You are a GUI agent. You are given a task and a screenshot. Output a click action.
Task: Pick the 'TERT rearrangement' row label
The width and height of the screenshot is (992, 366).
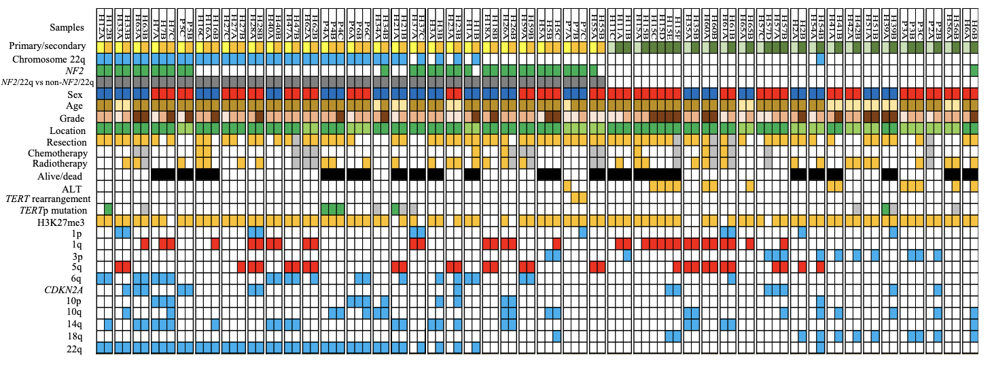(x=48, y=199)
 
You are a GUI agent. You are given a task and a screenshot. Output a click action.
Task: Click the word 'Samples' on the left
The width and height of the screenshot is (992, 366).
(x=67, y=28)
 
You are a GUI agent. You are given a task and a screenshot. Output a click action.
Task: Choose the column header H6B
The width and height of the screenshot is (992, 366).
(x=974, y=20)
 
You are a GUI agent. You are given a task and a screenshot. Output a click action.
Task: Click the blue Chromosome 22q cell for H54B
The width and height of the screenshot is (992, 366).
(x=820, y=59)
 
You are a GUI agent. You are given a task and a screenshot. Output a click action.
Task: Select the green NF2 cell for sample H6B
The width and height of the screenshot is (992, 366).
(x=974, y=70)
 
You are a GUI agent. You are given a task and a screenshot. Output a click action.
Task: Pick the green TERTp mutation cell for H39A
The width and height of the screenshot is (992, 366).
(x=885, y=209)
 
